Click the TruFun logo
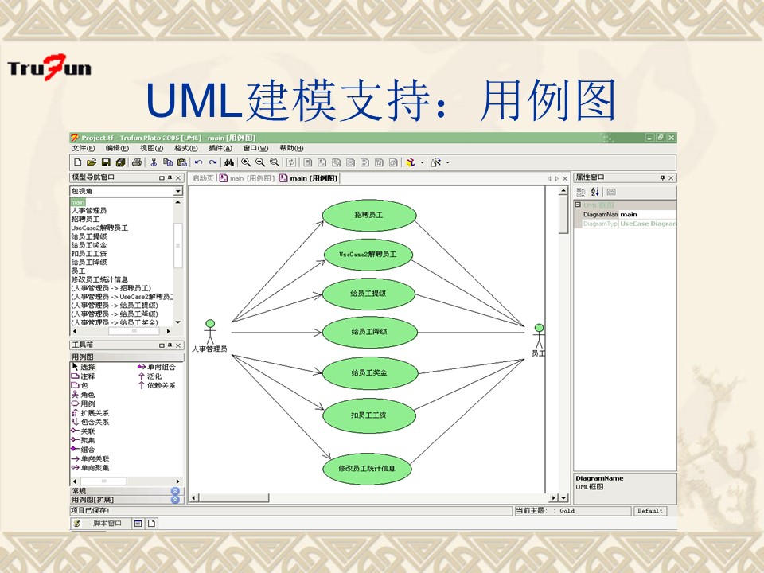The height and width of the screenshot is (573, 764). click(x=49, y=67)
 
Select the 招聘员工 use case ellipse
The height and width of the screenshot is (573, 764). click(x=368, y=215)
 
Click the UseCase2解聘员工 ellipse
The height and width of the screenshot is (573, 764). click(x=368, y=254)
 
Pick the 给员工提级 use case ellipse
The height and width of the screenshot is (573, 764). click(x=368, y=294)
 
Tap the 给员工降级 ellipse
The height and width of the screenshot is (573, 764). click(x=368, y=332)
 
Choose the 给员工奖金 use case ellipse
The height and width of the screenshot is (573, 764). click(x=368, y=372)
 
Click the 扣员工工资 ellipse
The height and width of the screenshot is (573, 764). click(x=368, y=415)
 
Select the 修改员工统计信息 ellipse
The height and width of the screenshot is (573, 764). click(x=368, y=468)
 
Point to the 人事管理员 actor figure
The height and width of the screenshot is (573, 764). click(x=210, y=332)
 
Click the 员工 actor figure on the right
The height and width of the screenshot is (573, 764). click(x=539, y=337)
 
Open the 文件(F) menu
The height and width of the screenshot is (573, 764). click(x=83, y=149)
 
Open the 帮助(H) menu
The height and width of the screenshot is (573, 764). click(x=291, y=149)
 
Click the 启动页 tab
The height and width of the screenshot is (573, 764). click(x=203, y=178)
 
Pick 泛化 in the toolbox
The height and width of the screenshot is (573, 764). click(x=154, y=376)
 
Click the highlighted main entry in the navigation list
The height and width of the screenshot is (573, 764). click(x=77, y=203)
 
